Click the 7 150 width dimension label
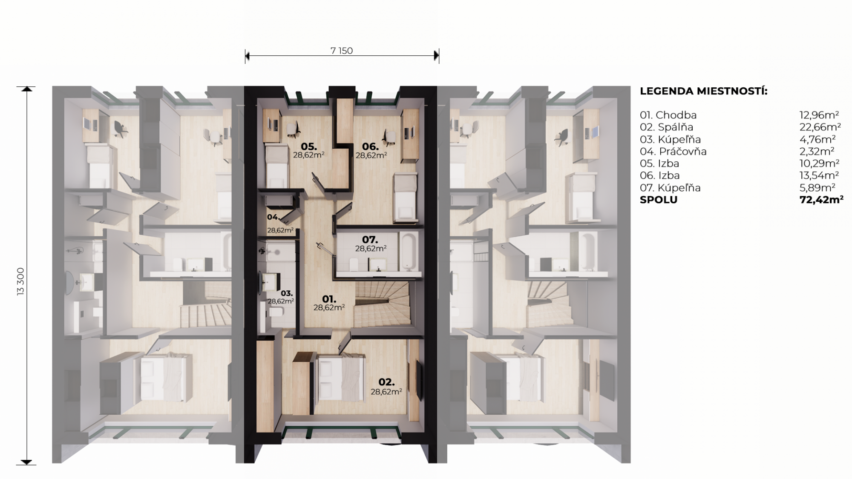(x=342, y=51)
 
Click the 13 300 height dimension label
(x=21, y=281)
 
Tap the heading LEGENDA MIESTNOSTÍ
(x=704, y=91)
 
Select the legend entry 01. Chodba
(x=668, y=115)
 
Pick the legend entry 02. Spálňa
(x=667, y=127)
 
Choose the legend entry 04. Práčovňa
(x=673, y=151)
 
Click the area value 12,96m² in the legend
(x=819, y=115)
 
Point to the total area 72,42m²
(x=821, y=200)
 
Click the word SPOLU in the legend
(x=659, y=200)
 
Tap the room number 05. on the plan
(x=309, y=147)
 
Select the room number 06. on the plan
(x=371, y=147)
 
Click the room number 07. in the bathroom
(x=370, y=240)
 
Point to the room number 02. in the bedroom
(x=386, y=382)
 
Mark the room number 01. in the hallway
(x=329, y=299)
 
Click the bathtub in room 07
(x=409, y=251)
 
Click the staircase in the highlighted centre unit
(x=381, y=304)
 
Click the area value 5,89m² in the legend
(x=817, y=188)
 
